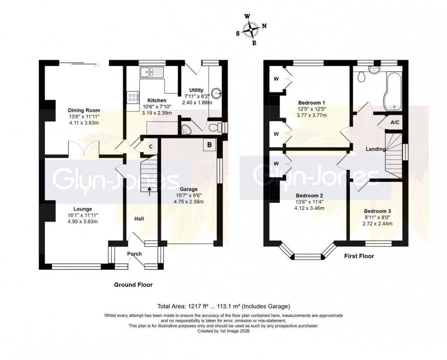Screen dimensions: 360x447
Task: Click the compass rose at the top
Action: (252, 30)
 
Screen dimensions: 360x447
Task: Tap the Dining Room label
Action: (84, 110)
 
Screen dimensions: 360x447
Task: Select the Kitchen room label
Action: (156, 100)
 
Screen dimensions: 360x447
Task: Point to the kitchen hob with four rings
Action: (132, 97)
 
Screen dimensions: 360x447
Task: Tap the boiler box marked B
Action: (209, 145)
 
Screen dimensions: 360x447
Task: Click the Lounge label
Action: (83, 209)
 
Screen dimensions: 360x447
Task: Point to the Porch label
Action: (135, 254)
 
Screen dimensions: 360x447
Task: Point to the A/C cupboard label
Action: (395, 122)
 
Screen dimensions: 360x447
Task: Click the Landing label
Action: (376, 149)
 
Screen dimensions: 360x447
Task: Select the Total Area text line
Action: (223, 307)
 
